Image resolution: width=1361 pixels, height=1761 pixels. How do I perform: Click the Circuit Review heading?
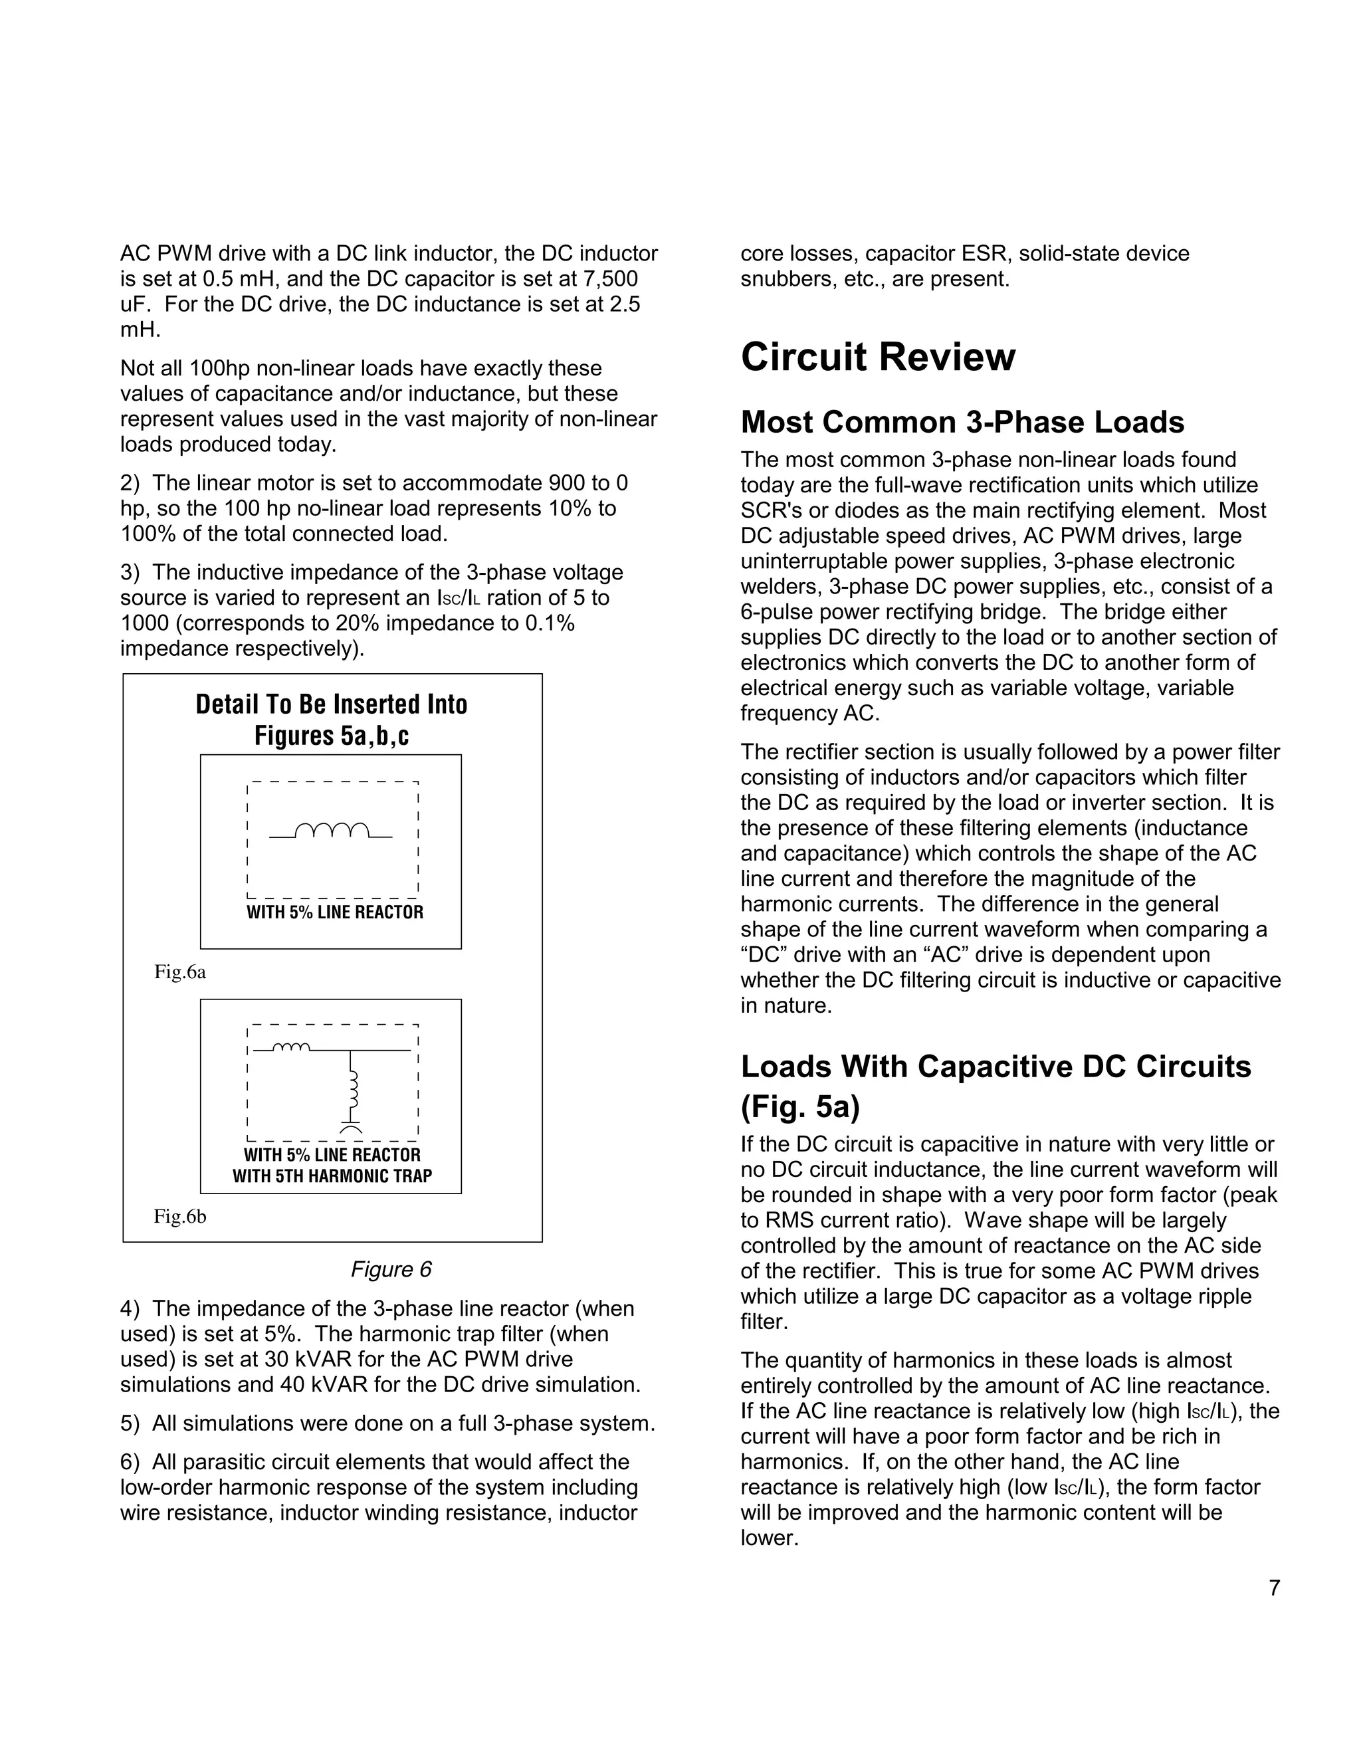point(877,358)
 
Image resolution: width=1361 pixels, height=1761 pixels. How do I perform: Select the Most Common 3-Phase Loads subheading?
point(962,423)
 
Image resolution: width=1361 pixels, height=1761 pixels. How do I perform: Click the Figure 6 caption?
point(391,1269)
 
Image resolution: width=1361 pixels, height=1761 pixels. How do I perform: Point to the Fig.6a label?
point(180,972)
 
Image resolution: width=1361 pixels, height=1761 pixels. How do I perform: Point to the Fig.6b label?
point(180,1217)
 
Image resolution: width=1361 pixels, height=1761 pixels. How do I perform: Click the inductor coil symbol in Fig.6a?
point(332,831)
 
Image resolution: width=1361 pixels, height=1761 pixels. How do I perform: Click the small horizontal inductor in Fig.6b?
point(291,1047)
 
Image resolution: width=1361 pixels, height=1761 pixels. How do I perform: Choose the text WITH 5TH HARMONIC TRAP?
point(332,1176)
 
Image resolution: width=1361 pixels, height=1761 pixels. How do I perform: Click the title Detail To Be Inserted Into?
point(332,704)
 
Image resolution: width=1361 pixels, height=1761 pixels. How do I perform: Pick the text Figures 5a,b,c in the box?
point(332,736)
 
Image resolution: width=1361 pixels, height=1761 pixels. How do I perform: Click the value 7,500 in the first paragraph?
point(609,279)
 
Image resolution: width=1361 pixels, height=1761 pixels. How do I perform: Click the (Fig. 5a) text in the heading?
point(800,1106)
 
